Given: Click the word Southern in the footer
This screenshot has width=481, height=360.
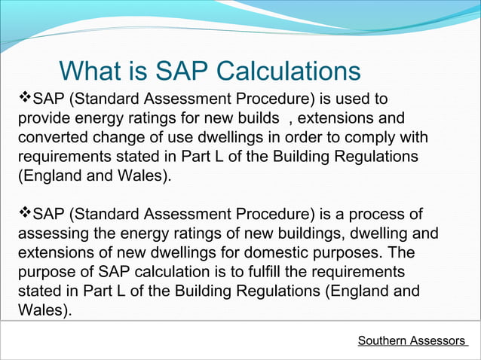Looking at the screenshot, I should pyautogui.click(x=382, y=341).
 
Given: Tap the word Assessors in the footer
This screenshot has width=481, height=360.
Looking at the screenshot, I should pyautogui.click(x=438, y=341).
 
